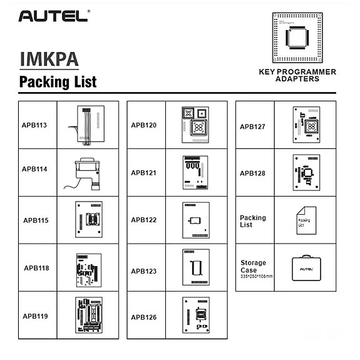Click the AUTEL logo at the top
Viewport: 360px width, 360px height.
tap(53, 16)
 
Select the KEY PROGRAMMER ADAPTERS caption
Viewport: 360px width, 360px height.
tap(297, 76)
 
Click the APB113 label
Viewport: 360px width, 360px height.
tap(34, 125)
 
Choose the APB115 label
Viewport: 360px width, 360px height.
tap(36, 220)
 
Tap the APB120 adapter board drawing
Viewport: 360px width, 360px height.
tap(196, 123)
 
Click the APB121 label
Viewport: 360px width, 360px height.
tap(143, 173)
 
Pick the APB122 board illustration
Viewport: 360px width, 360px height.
tap(196, 220)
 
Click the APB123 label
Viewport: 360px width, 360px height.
tap(143, 272)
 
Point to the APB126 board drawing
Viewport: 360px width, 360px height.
tap(196, 317)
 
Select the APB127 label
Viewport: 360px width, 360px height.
tap(252, 127)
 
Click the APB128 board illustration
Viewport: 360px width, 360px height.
tap(306, 173)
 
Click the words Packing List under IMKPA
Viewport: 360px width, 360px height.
tap(58, 82)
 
